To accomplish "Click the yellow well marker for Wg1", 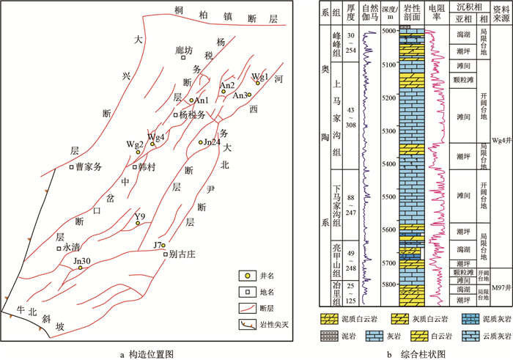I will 258,84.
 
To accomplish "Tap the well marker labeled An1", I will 191,100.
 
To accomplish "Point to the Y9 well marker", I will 137,223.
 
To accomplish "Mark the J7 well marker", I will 164,245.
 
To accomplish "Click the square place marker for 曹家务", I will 72,166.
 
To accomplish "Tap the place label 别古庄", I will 183,254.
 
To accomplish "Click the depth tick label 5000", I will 386,32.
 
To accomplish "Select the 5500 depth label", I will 386,197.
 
